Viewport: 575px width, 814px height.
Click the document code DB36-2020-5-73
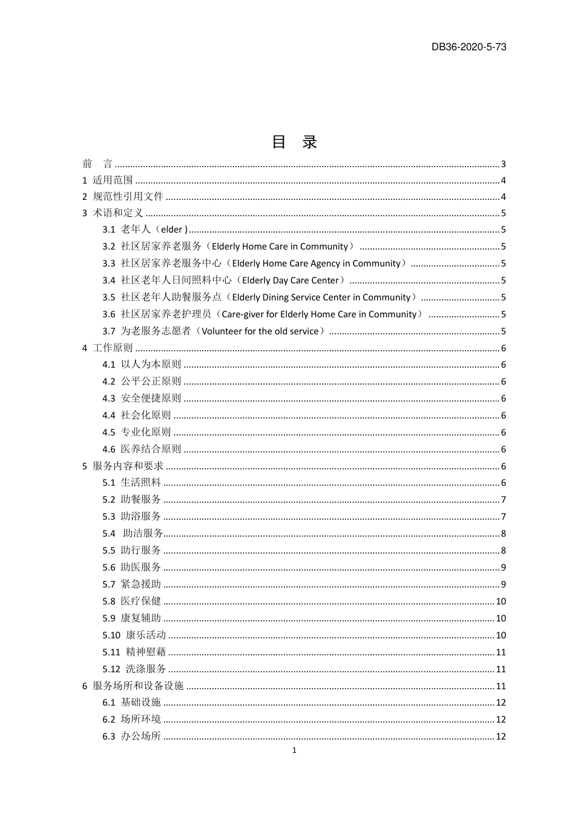tap(468, 47)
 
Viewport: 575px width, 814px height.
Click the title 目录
tap(294, 142)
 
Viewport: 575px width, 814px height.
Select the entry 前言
tap(97, 164)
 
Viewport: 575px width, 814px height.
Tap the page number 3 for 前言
tap(503, 164)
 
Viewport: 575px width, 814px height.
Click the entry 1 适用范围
tap(108, 180)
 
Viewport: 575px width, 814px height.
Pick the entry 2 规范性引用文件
tap(123, 196)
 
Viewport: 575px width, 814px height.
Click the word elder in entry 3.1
tap(171, 230)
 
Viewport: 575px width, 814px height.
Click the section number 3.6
tap(108, 314)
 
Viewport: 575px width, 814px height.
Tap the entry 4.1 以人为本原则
tap(142, 365)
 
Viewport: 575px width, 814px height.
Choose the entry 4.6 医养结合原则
tap(142, 449)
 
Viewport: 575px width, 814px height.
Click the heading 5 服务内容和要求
tap(123, 466)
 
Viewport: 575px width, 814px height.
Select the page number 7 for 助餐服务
tap(503, 500)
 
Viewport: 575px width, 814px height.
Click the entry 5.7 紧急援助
tap(131, 584)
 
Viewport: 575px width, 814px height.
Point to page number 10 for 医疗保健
tap(501, 601)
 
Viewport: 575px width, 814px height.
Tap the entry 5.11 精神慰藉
tap(134, 652)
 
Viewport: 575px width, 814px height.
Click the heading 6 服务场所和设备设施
tap(133, 686)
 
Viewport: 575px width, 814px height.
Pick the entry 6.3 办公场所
tap(131, 736)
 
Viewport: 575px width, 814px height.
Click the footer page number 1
tap(294, 750)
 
